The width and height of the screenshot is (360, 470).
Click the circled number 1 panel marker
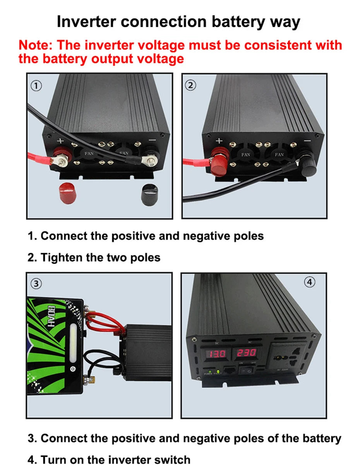click(x=36, y=86)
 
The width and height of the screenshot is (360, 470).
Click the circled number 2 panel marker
click(x=191, y=86)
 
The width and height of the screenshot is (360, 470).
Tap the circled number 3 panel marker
click(x=36, y=284)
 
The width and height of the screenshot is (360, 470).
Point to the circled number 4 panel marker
click(x=309, y=283)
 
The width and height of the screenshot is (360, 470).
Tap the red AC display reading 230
click(x=246, y=353)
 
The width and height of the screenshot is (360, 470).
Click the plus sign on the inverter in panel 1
click(x=60, y=141)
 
